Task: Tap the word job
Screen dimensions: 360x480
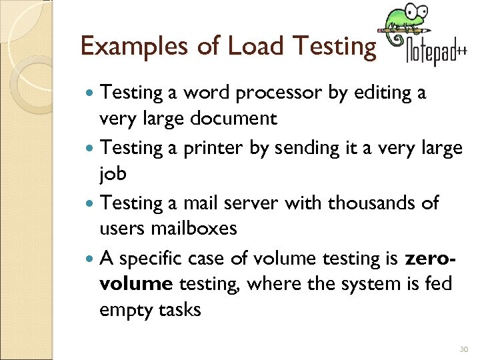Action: [112, 175]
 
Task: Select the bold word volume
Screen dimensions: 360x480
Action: [136, 284]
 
